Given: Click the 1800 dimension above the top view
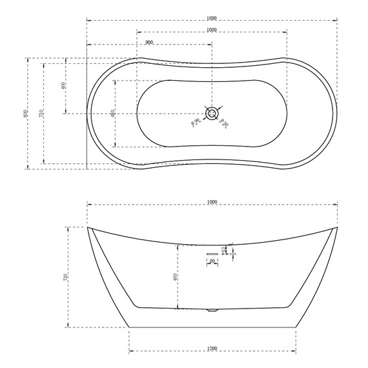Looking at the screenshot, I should tap(212, 17).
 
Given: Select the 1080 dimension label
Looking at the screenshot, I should tap(212, 30).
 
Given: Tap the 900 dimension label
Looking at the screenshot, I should tap(149, 42).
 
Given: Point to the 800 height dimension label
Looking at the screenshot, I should tap(26, 113).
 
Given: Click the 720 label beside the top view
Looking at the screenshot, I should tap(41, 114).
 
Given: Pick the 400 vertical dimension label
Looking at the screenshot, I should tap(63, 86).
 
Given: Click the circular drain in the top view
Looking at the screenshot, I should tap(212, 114).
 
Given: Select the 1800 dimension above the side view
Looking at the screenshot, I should tap(212, 201).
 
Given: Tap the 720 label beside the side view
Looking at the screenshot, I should tap(66, 278).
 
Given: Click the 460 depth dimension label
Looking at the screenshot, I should tap(175, 277).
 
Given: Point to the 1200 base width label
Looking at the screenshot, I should tap(212, 349).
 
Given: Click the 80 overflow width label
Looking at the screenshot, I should tap(212, 261).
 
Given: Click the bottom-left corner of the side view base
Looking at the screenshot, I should tap(129, 327).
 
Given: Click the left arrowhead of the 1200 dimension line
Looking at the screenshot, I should tap(130, 352).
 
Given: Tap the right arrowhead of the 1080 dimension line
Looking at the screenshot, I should tap(286, 33).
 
